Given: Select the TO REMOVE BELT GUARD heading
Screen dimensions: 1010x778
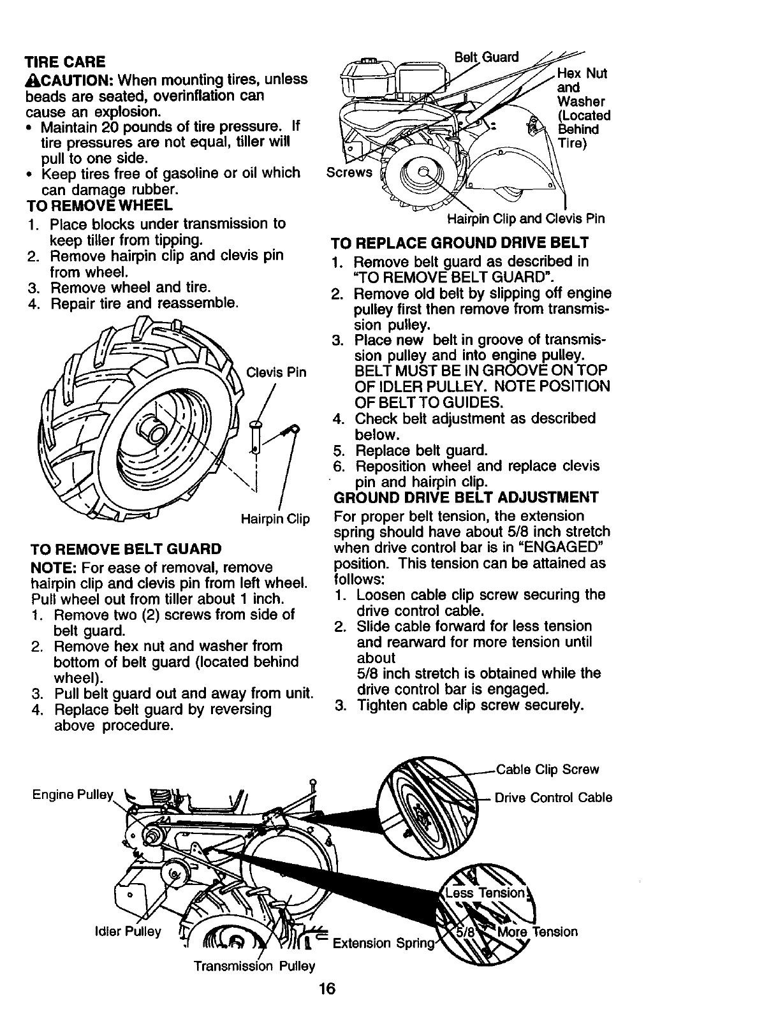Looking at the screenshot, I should [126, 549].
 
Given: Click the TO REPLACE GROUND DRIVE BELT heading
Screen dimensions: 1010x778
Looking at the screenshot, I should [459, 243].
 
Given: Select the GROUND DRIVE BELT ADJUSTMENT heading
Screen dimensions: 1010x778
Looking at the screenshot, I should [466, 497].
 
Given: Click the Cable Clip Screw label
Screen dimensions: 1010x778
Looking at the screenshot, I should [547, 770].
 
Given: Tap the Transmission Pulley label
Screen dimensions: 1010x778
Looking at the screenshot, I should [254, 966].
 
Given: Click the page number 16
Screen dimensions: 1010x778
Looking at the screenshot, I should [327, 989].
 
